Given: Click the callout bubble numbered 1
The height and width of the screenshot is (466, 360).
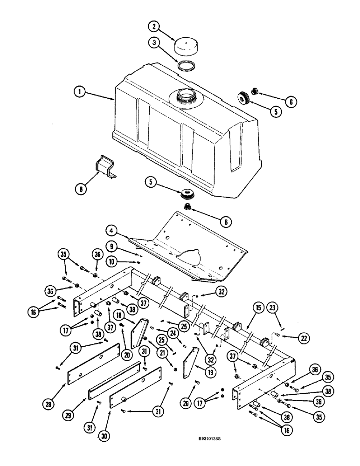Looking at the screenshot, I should pyautogui.click(x=80, y=92).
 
